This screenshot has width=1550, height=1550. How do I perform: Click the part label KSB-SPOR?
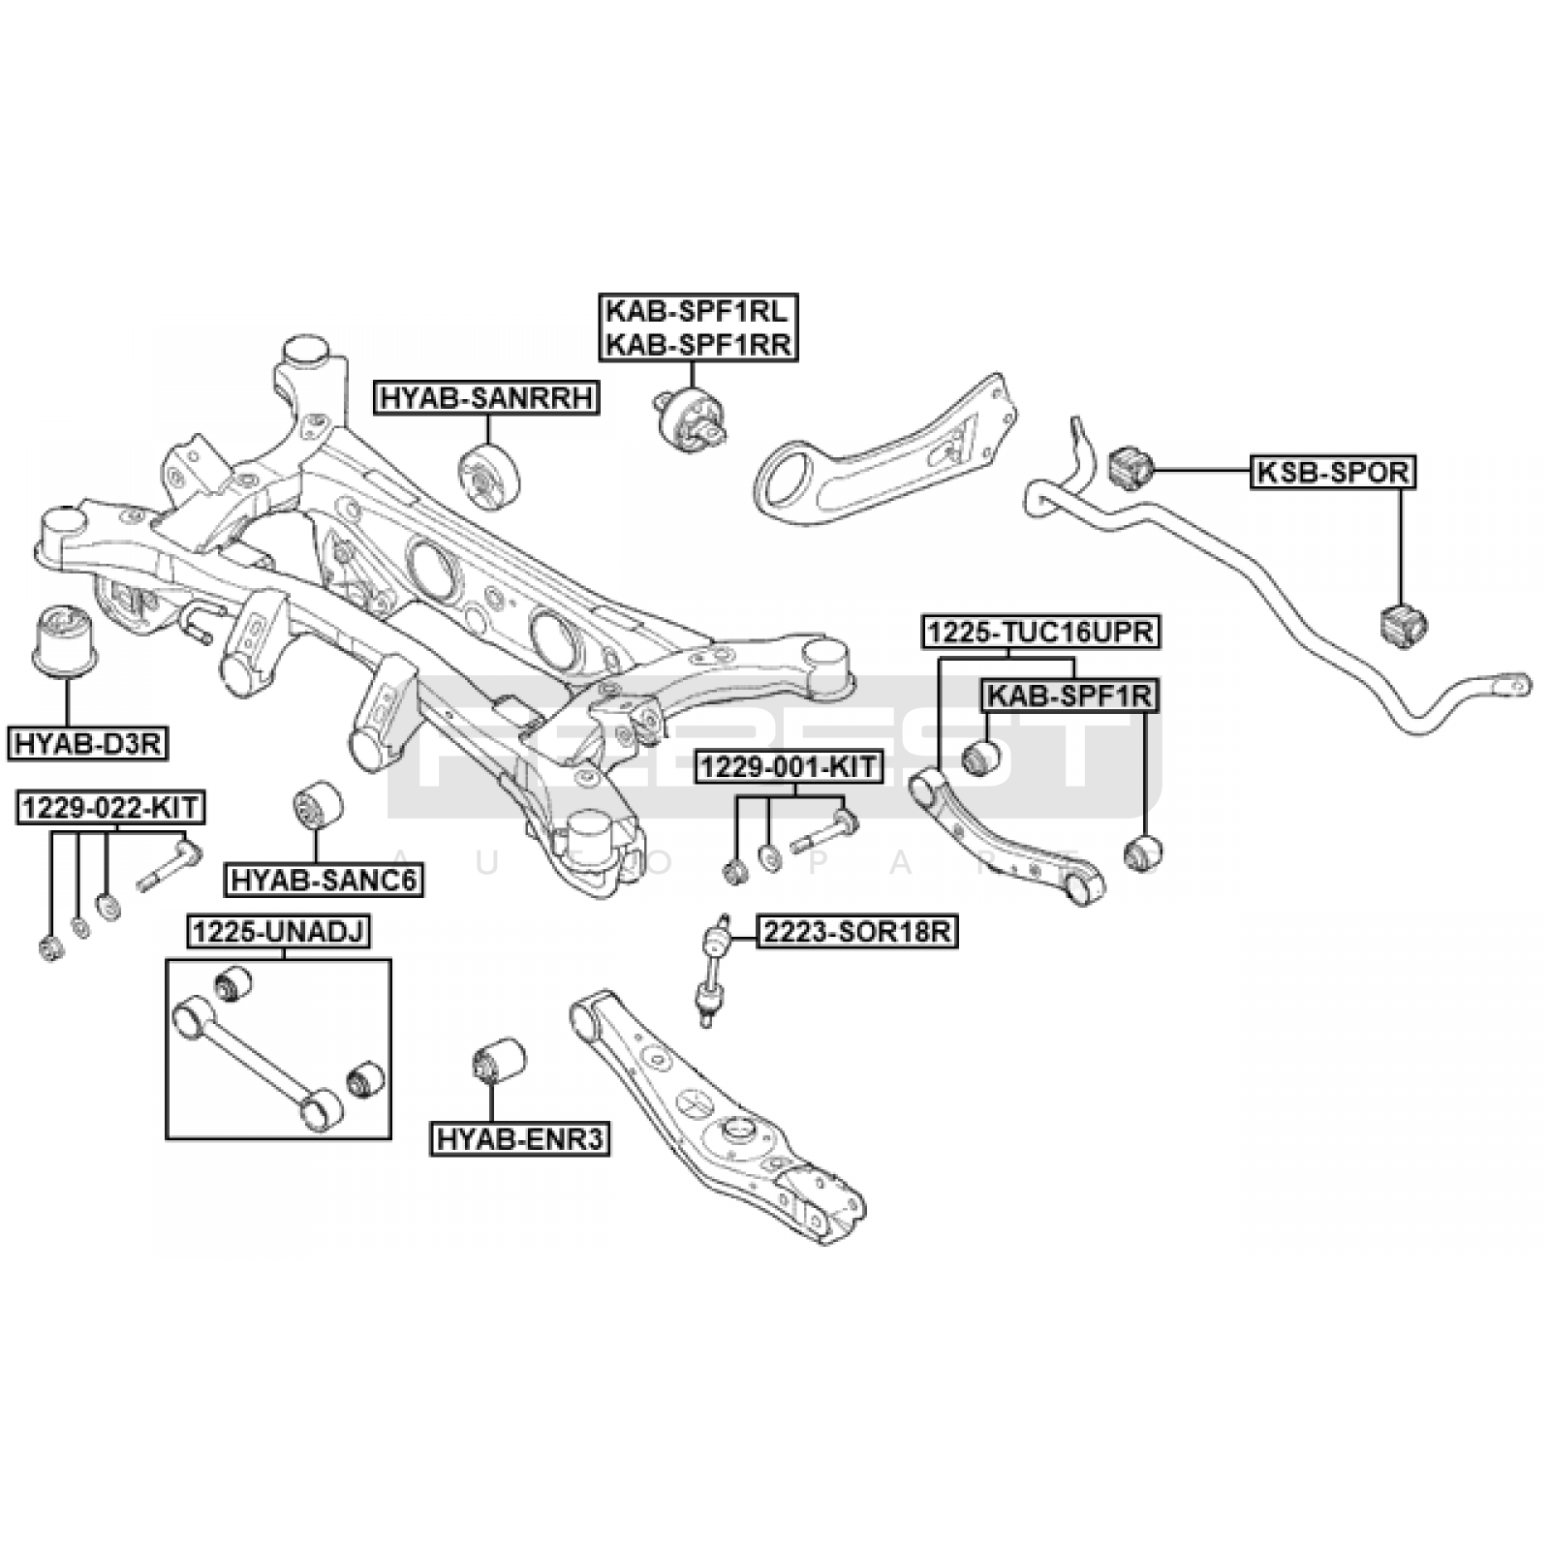tap(1332, 473)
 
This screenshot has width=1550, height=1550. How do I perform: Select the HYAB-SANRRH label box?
tap(485, 397)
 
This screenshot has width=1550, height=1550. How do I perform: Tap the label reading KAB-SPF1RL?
tap(697, 312)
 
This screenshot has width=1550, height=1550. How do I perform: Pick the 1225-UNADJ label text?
tap(279, 932)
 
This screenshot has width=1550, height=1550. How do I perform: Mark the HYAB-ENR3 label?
tap(520, 1139)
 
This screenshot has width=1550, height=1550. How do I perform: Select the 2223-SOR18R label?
tap(856, 932)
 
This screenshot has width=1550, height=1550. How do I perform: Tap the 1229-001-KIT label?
tap(788, 768)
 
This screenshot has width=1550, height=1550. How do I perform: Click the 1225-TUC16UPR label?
tap(1039, 633)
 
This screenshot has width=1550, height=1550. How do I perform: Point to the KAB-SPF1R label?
tap(1069, 696)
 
